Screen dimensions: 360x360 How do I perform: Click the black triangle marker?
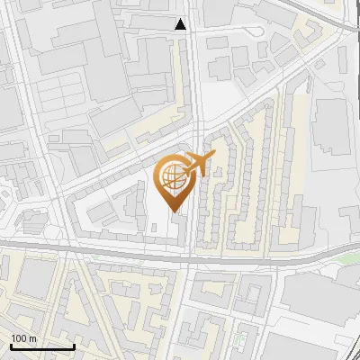181,24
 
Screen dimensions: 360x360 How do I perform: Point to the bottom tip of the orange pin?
174,212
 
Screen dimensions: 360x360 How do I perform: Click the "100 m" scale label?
23,338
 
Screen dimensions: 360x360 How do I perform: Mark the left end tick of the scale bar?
11,345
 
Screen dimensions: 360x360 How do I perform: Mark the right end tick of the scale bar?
74,345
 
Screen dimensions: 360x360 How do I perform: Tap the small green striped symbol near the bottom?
240,340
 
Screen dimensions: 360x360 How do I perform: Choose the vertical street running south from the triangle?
194,90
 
